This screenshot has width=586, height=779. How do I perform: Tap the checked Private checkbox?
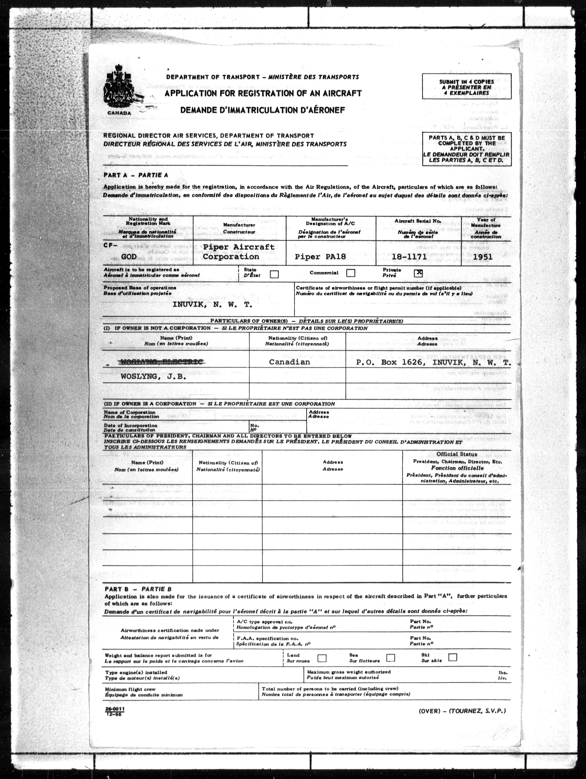(418, 273)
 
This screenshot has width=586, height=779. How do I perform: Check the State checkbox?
(274, 274)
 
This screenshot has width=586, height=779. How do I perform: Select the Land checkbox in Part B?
(322, 658)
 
